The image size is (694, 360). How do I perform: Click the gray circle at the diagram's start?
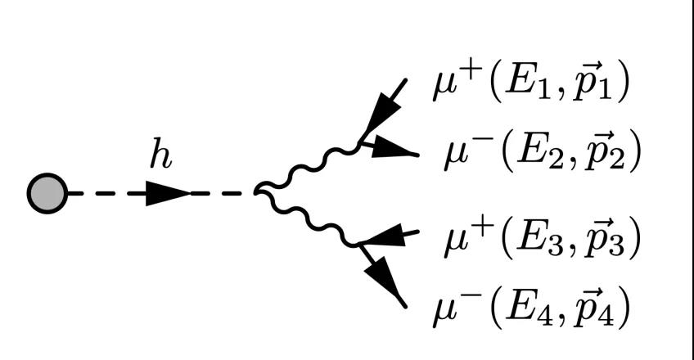pos(47,193)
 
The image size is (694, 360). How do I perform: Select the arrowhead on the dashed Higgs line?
pos(168,193)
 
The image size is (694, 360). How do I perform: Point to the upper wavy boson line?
pos(309,167)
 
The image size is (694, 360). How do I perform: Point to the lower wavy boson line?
pos(309,219)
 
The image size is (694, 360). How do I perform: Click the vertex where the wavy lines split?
pos(256,192)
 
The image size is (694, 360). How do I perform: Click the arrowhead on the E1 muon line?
pos(381,117)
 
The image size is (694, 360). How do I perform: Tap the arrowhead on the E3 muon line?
pos(384,236)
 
